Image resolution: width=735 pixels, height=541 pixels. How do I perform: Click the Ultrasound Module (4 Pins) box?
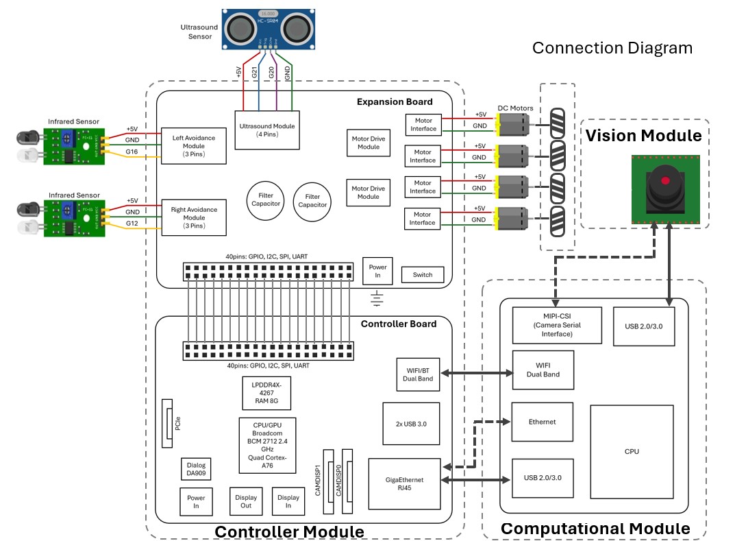click(x=267, y=130)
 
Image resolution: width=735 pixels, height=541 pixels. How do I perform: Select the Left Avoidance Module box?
click(x=193, y=145)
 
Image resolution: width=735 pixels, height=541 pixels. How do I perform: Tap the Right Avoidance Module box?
click(x=193, y=217)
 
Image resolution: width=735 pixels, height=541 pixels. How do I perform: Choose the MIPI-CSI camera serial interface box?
click(x=557, y=325)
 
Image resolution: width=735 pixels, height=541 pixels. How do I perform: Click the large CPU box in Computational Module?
click(x=632, y=451)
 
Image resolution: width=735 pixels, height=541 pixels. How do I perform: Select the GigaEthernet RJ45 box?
click(x=404, y=483)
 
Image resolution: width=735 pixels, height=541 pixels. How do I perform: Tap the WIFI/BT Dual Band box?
click(x=418, y=374)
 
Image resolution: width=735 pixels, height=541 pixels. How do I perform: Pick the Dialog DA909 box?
click(x=195, y=469)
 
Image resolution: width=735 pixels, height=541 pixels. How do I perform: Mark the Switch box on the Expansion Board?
click(x=423, y=275)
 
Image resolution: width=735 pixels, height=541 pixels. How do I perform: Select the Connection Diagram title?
click(x=612, y=48)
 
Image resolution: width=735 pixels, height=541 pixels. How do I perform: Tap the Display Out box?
click(x=246, y=501)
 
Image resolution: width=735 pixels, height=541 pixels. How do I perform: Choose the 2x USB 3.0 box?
click(x=411, y=424)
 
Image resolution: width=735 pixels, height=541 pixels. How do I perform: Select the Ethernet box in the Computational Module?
click(x=543, y=422)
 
